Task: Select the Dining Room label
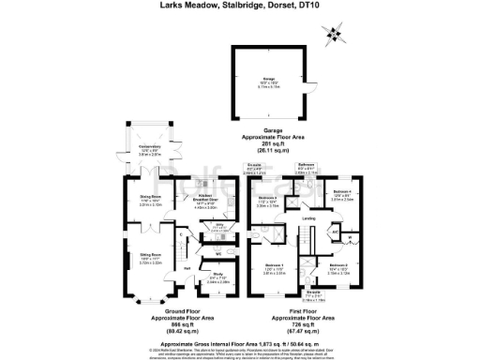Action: click(138, 197)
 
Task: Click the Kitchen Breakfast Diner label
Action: click(205, 198)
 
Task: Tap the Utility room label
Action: click(218, 225)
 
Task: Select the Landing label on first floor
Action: click(308, 220)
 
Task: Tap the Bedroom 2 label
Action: click(338, 266)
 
